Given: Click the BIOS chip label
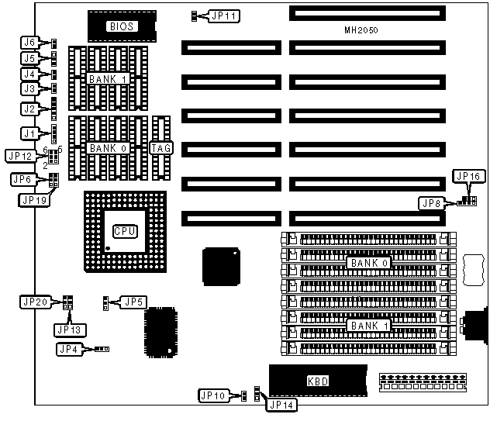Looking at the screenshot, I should (x=122, y=26).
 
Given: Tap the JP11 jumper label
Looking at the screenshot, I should (x=226, y=16).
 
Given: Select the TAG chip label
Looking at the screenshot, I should (x=161, y=147).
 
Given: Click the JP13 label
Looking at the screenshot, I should (x=71, y=329).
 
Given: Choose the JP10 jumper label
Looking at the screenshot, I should (x=212, y=396).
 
